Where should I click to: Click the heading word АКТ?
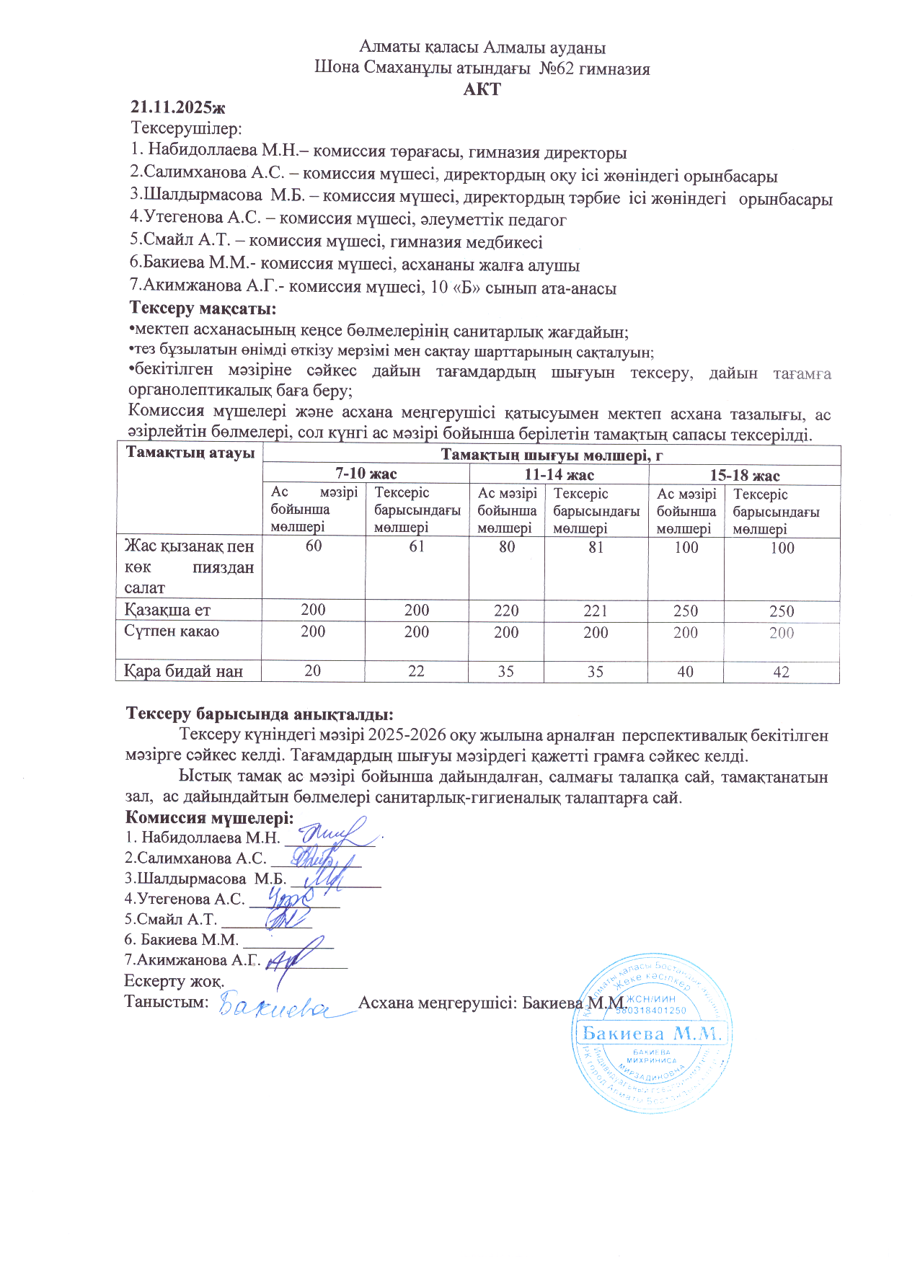482,89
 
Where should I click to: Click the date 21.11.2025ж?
178,107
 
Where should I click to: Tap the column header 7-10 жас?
366,474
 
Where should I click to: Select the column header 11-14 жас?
559,474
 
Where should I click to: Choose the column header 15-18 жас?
745,475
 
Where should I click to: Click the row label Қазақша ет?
167,610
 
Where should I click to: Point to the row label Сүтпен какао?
172,631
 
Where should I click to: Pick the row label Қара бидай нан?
183,671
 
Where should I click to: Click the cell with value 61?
417,546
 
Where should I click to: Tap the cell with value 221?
596,611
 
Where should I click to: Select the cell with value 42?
782,672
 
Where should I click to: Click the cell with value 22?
416,670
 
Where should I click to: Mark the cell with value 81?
596,547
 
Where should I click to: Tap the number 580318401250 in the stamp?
651,1011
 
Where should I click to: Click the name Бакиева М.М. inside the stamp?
652,1033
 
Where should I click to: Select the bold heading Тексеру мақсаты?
203,309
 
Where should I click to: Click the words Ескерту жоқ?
174,981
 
